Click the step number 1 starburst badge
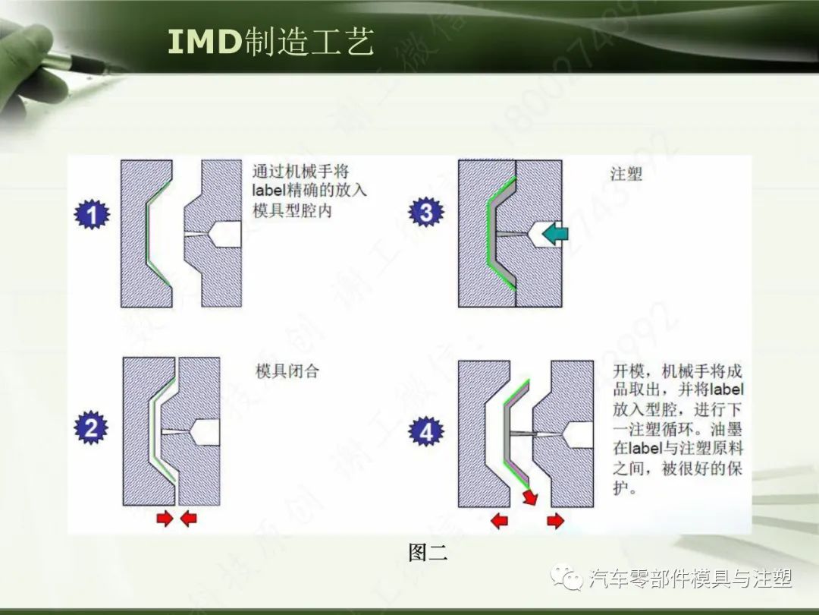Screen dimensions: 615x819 93,216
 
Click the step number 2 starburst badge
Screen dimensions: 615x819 91,429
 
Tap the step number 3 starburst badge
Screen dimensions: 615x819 425,213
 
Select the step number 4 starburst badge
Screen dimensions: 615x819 426,432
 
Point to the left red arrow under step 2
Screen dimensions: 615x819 164,519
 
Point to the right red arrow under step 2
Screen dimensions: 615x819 188,519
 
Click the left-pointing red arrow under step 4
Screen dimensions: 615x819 500,521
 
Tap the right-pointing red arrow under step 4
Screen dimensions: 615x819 555,521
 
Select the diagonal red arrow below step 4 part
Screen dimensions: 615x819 529,497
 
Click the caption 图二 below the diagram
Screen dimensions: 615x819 428,553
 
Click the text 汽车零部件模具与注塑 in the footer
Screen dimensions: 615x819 690,579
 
